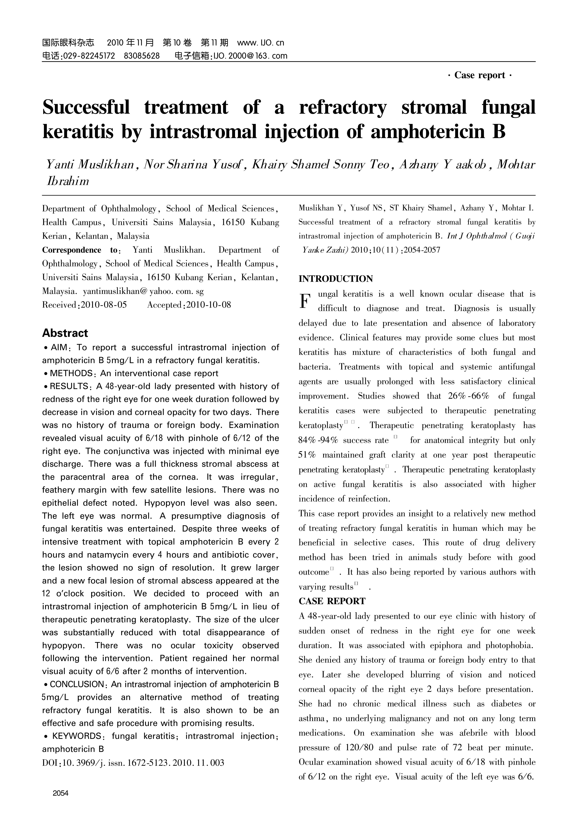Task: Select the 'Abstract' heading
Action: [65, 333]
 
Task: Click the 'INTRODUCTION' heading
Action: [336, 279]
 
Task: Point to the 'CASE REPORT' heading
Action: [332, 601]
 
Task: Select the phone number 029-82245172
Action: [89, 56]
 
